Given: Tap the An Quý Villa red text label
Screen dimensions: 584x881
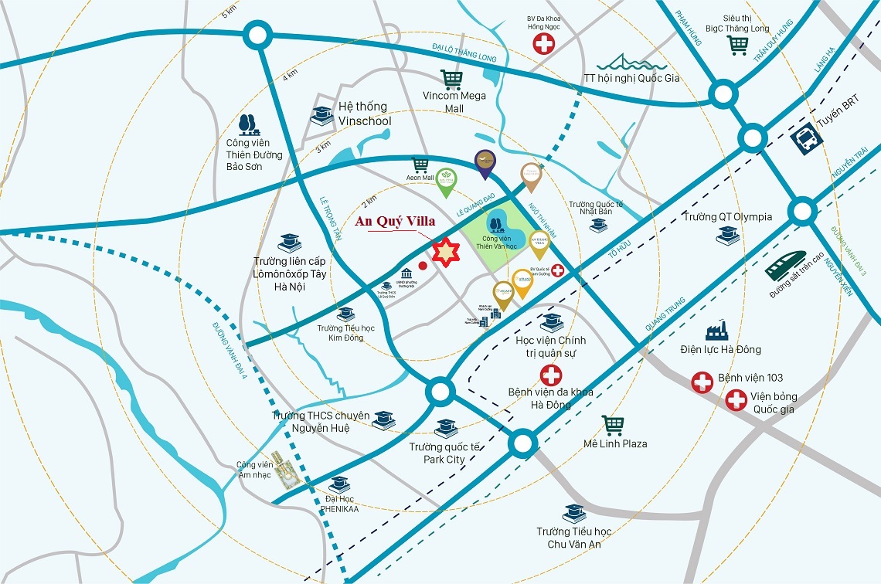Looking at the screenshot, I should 395,221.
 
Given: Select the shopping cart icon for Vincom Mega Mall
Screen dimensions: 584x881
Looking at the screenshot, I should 451,79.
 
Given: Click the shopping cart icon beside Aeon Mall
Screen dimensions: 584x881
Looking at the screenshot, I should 420,165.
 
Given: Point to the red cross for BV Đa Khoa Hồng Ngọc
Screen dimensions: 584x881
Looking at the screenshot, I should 543,44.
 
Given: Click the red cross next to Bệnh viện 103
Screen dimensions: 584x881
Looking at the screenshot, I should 702,382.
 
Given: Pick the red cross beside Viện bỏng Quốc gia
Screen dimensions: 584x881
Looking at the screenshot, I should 736,400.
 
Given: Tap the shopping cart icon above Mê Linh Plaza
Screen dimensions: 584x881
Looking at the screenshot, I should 613,425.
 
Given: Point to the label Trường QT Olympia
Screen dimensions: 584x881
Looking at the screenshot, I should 727,216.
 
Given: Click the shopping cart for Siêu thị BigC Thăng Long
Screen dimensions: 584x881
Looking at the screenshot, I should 737,45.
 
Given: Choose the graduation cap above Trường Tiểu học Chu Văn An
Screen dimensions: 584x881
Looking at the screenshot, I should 574,513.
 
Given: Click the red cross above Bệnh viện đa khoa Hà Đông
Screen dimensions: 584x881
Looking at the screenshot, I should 550,376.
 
